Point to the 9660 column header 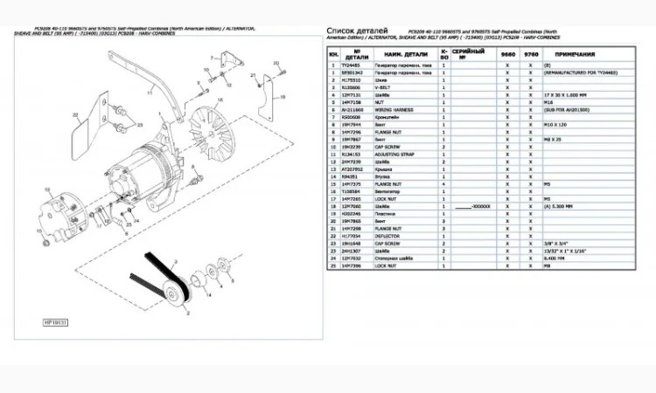pos(506,54)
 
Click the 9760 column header pos(531,54)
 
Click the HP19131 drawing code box pos(55,322)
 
